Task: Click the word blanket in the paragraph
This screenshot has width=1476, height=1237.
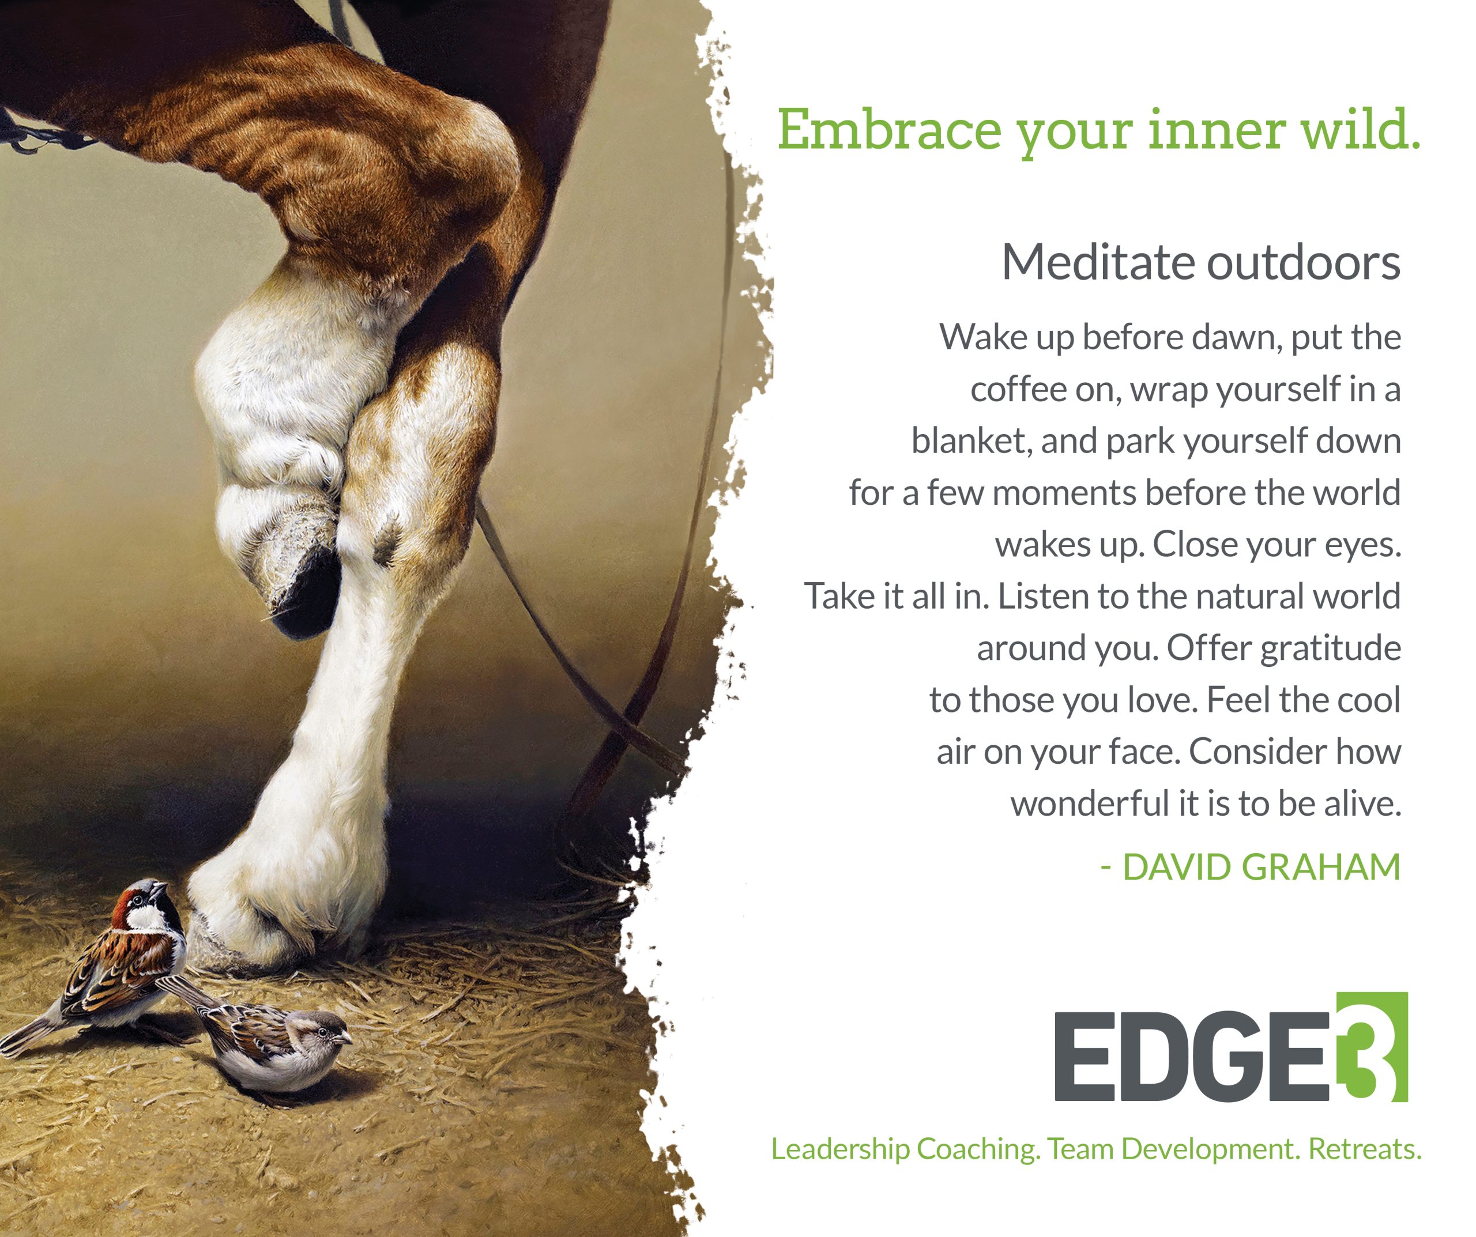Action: pyautogui.click(x=972, y=442)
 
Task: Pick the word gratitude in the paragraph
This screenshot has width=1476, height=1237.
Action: pyautogui.click(x=1331, y=648)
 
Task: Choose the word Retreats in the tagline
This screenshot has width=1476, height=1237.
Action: pyautogui.click(x=1364, y=1149)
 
